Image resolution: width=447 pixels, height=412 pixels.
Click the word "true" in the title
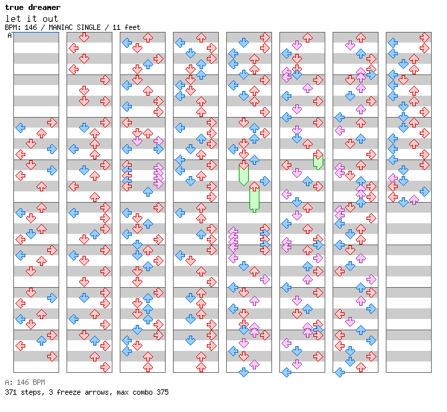point(15,7)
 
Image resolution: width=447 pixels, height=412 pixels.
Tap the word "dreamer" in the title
point(45,7)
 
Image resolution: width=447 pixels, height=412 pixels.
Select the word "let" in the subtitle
point(13,19)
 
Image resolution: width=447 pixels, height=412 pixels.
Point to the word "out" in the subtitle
point(51,19)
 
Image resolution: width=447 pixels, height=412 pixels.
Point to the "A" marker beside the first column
point(9,36)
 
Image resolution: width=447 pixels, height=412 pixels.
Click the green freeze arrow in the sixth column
point(318,160)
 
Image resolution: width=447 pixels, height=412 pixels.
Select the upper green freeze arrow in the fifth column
point(243,173)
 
